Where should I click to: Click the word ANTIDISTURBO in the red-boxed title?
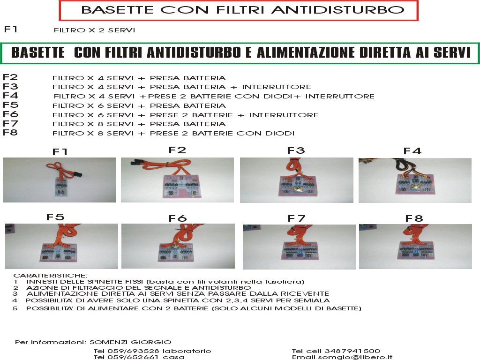click(x=338, y=10)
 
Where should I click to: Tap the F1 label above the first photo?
click(x=60, y=151)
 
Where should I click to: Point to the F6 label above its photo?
click(x=178, y=218)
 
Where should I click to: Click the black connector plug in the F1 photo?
click(x=78, y=175)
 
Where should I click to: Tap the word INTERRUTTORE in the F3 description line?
click(x=277, y=87)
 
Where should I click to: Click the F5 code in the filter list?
click(x=10, y=105)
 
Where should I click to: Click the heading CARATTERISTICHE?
click(x=51, y=276)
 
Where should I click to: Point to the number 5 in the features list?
click(x=15, y=308)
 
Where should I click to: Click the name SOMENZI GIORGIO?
click(x=130, y=342)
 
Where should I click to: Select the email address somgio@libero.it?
click(x=355, y=357)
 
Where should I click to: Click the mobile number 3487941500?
click(x=352, y=351)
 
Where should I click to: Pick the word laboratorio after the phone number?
click(x=187, y=351)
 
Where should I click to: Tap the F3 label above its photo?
click(x=296, y=150)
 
